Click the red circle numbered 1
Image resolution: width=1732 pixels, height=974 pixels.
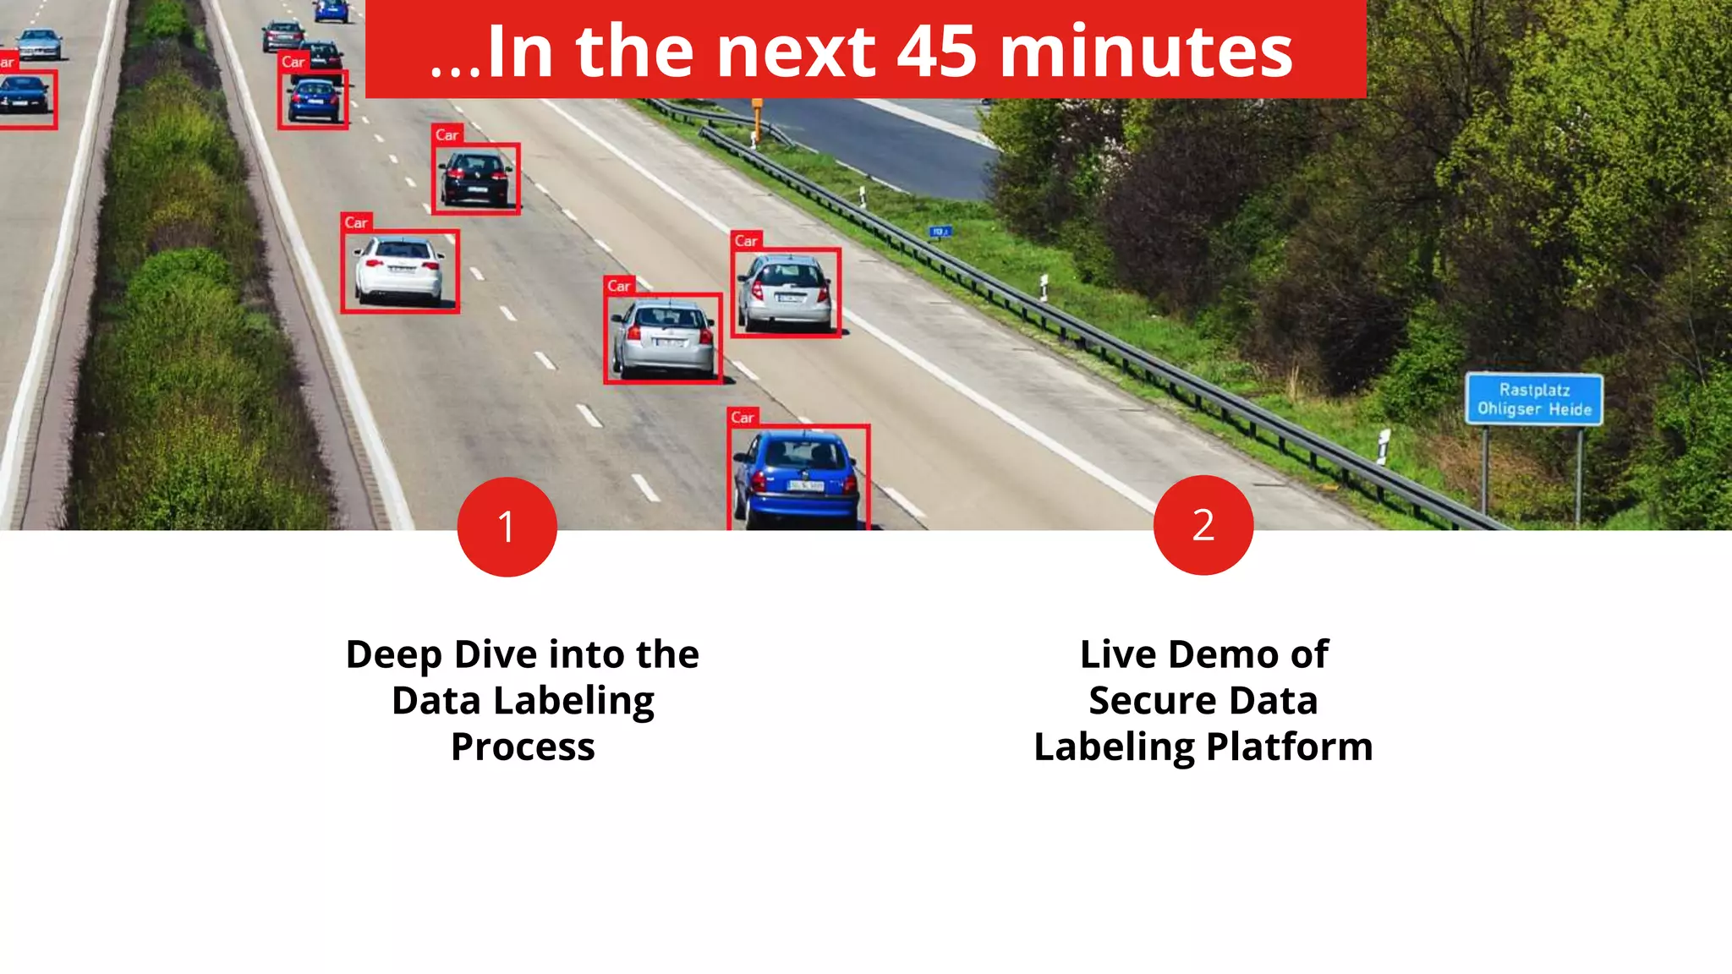pyautogui.click(x=507, y=527)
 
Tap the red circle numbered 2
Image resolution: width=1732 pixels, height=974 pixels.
pyautogui.click(x=1203, y=525)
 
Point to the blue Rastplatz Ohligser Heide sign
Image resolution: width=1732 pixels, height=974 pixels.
pyautogui.click(x=1533, y=399)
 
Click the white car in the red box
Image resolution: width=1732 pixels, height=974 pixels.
pyautogui.click(x=399, y=271)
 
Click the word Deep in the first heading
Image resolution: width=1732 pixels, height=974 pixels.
pyautogui.click(x=394, y=655)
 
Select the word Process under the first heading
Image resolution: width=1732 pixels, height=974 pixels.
pyautogui.click(x=523, y=747)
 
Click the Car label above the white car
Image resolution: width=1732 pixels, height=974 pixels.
pyautogui.click(x=356, y=222)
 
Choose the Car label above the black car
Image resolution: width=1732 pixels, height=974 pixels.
pyautogui.click(x=447, y=134)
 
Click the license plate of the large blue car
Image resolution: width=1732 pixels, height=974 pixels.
pyautogui.click(x=805, y=485)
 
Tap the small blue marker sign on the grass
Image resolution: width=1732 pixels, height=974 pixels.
pyautogui.click(x=940, y=231)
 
